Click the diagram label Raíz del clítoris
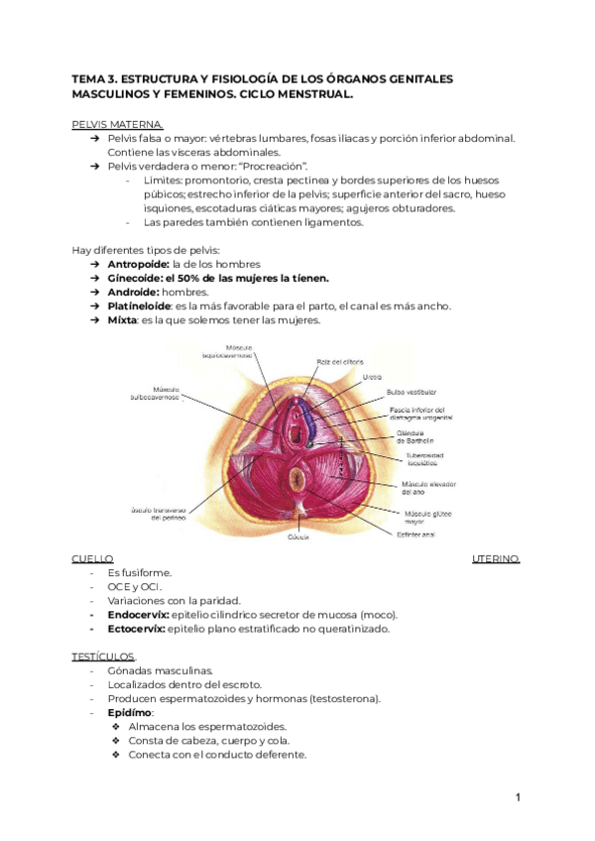(x=338, y=361)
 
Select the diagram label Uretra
(x=372, y=377)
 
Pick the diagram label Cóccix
(x=298, y=537)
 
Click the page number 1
(x=518, y=797)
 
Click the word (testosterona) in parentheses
(x=345, y=698)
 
